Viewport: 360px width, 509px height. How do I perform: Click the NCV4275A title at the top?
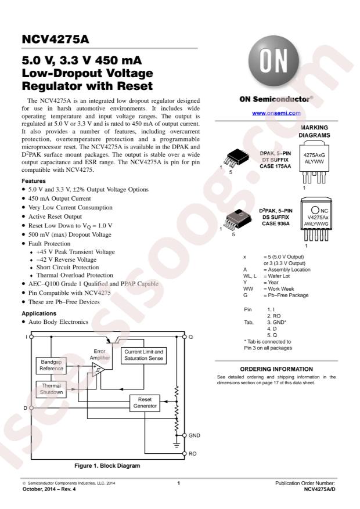(55, 41)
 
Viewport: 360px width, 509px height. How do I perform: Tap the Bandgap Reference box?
(51, 365)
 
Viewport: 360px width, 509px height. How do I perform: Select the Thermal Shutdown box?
(51, 389)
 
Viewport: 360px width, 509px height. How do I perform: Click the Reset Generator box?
(145, 403)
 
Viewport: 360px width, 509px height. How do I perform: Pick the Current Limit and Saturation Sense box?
(143, 356)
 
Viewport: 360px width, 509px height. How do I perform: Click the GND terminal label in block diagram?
(195, 435)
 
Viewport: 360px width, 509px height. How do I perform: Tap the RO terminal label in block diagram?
(193, 453)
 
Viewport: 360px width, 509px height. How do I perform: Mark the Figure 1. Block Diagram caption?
(107, 465)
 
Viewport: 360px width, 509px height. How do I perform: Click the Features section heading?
(34, 181)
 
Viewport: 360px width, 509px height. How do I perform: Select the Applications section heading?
(39, 313)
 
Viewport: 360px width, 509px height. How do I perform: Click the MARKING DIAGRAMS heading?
(314, 131)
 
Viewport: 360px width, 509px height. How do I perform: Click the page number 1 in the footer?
(179, 483)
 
